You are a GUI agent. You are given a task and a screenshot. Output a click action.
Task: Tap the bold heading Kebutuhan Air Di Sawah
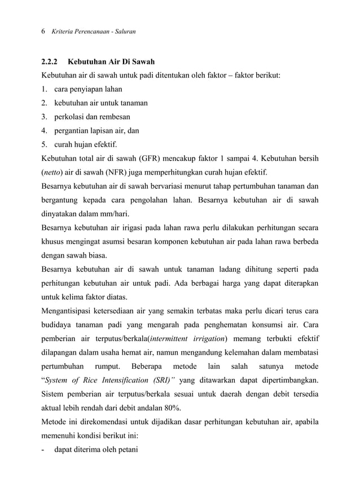pos(116,61)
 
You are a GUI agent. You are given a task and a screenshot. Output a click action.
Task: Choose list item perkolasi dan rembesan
pos(92,117)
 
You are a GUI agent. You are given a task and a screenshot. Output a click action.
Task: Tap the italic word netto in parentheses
pos(54,172)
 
